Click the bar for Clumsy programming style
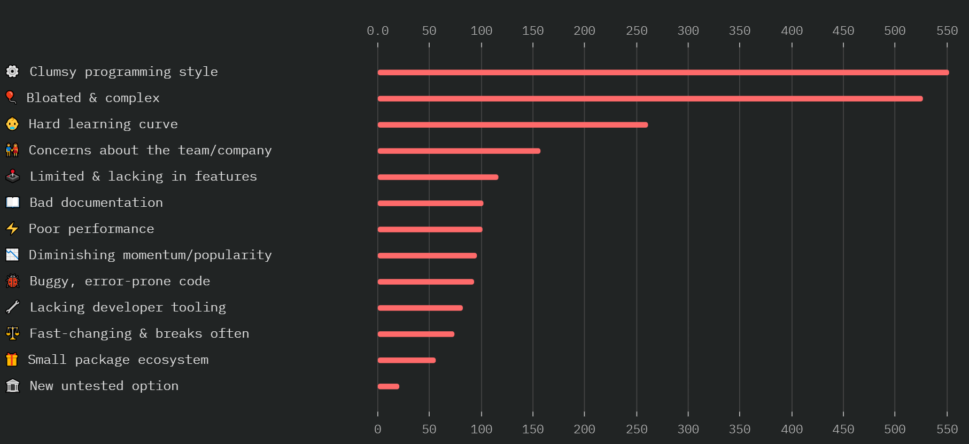[663, 73]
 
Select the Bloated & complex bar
[650, 99]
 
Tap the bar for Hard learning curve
[513, 125]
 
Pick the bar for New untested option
[389, 386]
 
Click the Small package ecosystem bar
[407, 360]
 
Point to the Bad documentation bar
[430, 204]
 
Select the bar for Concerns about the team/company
[459, 151]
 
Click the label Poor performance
[91, 229]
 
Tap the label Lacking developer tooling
[128, 308]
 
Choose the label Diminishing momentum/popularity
[150, 255]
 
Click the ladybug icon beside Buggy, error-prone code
[12, 281]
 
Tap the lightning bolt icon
[12, 229]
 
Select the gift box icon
[12, 360]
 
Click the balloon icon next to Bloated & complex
[11, 97]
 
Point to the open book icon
[12, 202]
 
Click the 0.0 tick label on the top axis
[377, 31]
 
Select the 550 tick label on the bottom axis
[947, 430]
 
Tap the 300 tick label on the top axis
[688, 31]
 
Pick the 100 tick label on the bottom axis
[481, 430]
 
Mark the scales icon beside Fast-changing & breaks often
[12, 333]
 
